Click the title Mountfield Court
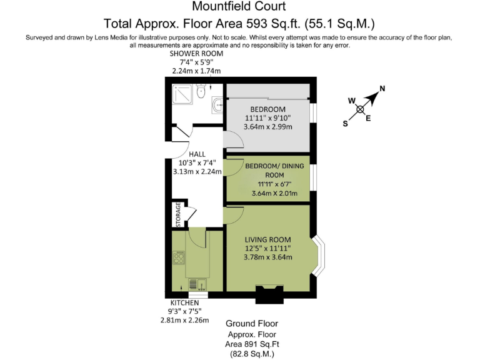[239, 7]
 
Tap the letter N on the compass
[382, 89]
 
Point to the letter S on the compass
[345, 124]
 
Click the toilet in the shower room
[200, 93]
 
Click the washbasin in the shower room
[217, 106]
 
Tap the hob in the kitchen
[179, 258]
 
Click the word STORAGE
[178, 214]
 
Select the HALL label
[197, 154]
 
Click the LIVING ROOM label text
[267, 239]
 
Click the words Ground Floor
[251, 324]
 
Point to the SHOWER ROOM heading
[197, 54]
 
